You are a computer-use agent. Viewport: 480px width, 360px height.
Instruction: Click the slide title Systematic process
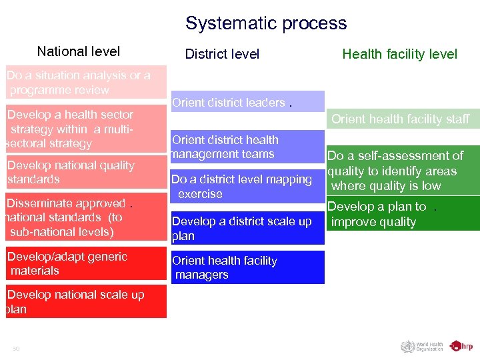click(266, 23)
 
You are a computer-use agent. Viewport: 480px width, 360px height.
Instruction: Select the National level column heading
click(79, 51)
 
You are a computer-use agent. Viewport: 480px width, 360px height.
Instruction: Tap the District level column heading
click(222, 54)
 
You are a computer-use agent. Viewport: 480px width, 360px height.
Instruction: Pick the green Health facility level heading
click(399, 54)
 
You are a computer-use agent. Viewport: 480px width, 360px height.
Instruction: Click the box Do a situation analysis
click(85, 83)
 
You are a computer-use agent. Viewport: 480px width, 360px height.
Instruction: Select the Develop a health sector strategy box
click(85, 129)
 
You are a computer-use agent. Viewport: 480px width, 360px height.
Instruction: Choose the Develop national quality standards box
click(85, 173)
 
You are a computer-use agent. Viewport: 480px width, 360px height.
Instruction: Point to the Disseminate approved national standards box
click(85, 217)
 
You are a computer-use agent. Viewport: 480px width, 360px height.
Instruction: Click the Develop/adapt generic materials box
click(85, 263)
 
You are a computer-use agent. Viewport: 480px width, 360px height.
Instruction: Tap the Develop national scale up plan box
click(85, 301)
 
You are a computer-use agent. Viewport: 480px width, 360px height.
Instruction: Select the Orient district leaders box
click(247, 102)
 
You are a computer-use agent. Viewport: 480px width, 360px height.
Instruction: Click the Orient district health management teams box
click(247, 147)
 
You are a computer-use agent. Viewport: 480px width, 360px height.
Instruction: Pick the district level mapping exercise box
click(247, 186)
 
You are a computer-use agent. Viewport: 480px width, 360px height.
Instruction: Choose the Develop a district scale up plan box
click(247, 229)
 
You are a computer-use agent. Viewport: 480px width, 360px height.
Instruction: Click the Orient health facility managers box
click(247, 267)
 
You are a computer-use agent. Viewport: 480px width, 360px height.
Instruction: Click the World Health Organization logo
click(422, 346)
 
